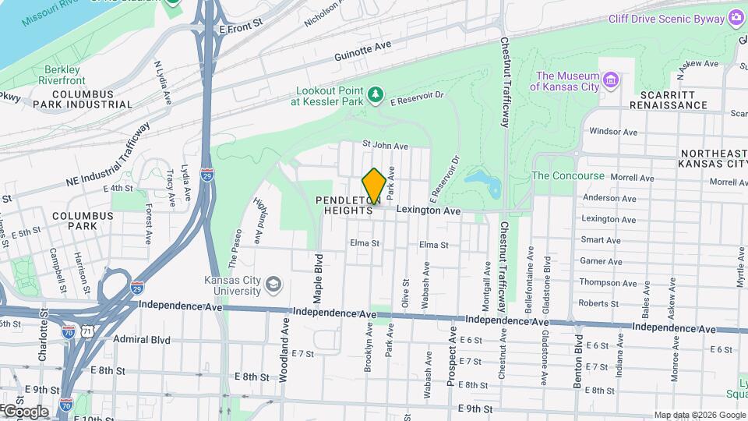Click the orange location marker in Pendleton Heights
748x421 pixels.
(374, 186)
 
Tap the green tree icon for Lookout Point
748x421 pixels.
(376, 94)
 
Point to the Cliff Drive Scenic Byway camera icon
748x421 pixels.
(736, 17)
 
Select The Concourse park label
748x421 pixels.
(567, 176)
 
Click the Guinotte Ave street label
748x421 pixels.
(362, 51)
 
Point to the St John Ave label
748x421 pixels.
(385, 146)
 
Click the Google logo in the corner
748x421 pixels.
(26, 411)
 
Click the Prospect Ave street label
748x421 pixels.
(451, 356)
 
